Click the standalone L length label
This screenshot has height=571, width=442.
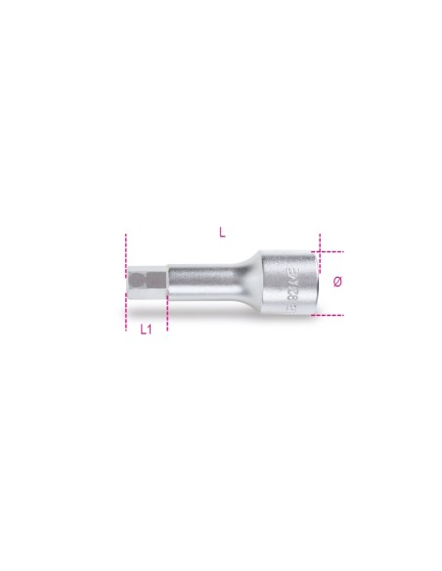tap(223, 232)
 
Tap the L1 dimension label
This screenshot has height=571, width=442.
tap(146, 329)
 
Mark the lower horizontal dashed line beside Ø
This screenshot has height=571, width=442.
tap(330, 315)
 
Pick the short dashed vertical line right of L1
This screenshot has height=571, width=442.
tap(167, 315)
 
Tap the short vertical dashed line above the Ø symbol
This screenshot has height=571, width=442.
tap(320, 242)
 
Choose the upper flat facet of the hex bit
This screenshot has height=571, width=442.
tap(147, 273)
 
